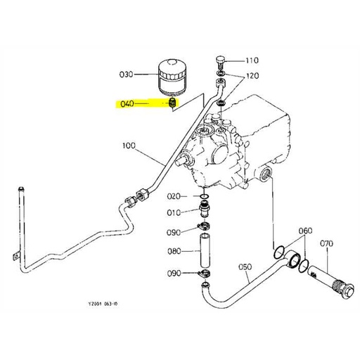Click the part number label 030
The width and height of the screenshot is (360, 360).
pos(127,73)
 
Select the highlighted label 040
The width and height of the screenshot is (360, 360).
pos(127,103)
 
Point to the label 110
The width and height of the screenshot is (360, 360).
pos(252,60)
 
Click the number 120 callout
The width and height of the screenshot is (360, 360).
pos(252,75)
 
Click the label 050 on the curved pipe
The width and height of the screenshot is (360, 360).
pos(245,267)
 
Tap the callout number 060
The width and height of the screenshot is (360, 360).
pos(305,231)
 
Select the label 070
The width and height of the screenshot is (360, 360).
pos(326,244)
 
